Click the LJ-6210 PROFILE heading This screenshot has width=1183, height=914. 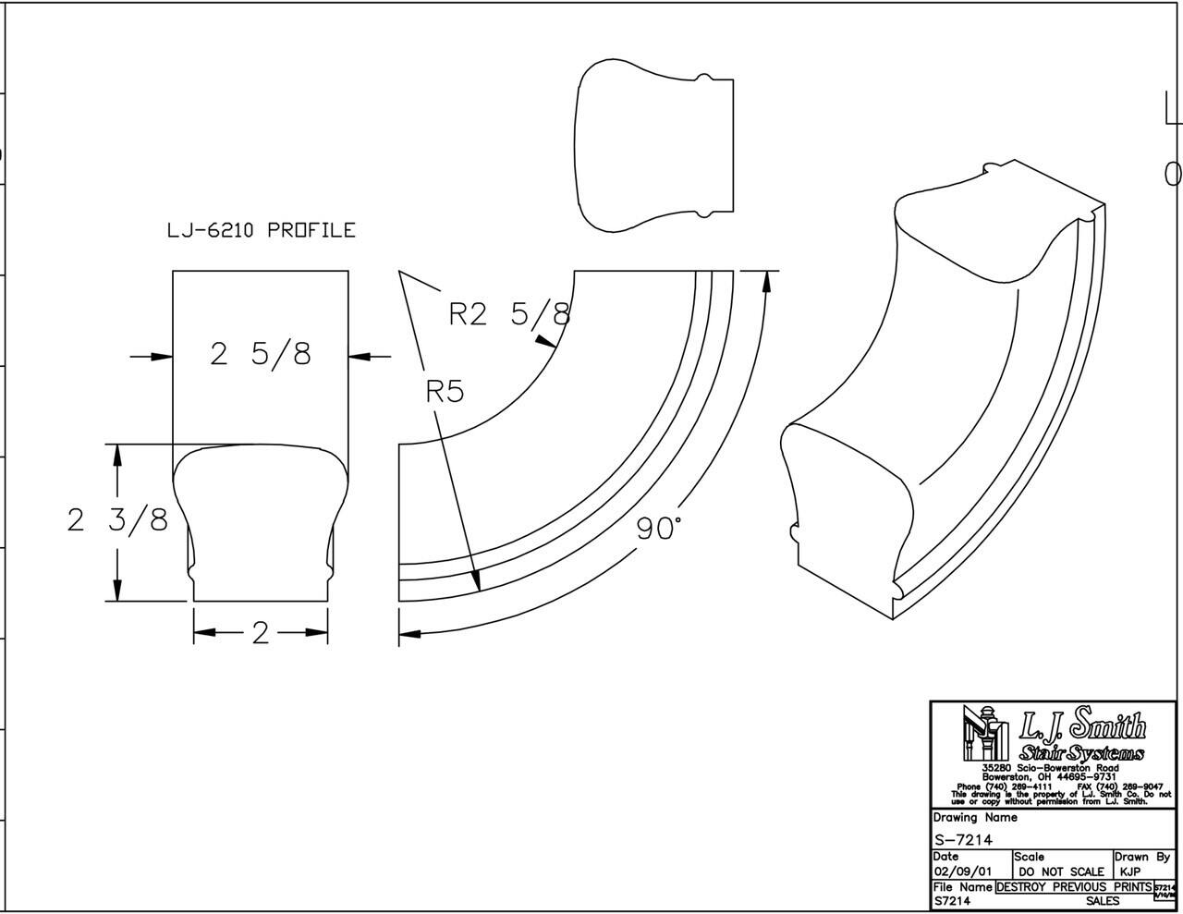(x=261, y=230)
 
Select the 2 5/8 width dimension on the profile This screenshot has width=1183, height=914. (x=261, y=353)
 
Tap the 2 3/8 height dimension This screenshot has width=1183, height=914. (x=117, y=520)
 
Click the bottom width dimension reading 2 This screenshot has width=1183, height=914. (x=260, y=633)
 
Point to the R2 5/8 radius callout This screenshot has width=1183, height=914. (x=508, y=314)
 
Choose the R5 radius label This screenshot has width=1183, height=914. (x=444, y=391)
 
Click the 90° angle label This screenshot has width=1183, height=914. (x=659, y=529)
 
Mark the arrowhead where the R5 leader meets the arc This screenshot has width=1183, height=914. (x=477, y=582)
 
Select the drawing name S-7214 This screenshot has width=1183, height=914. (x=963, y=839)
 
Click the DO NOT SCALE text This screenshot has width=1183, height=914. (x=1061, y=871)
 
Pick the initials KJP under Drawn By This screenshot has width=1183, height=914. (x=1130, y=871)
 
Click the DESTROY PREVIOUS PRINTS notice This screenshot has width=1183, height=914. (x=1073, y=886)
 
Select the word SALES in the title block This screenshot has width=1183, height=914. (x=1103, y=900)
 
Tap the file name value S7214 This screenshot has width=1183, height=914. (x=952, y=900)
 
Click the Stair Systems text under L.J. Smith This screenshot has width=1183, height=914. (x=1081, y=753)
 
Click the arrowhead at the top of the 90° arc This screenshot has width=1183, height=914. (x=765, y=281)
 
